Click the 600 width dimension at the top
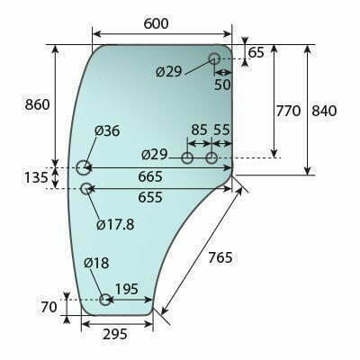point(156,23)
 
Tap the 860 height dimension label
point(37,105)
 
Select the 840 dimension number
point(324,111)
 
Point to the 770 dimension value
point(288,111)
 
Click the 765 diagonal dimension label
point(220,257)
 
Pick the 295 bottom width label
point(115,334)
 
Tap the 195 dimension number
point(127,289)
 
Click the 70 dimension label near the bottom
point(49,307)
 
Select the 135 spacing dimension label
point(36,177)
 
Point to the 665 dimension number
point(150,176)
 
